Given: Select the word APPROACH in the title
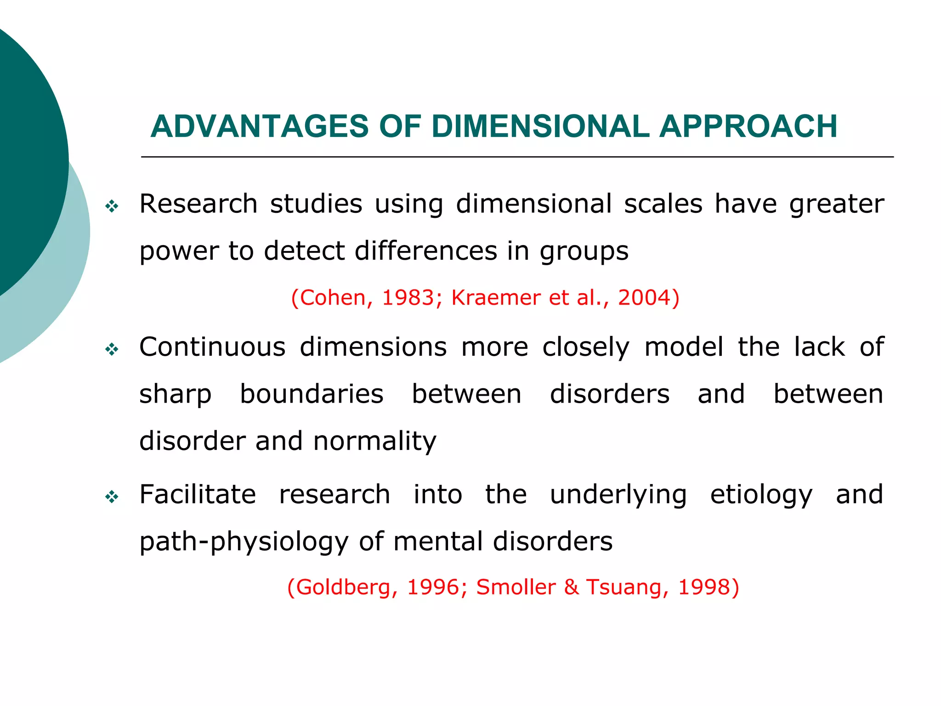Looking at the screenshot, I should coord(748,126).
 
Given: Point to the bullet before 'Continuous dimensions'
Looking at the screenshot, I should coord(112,350).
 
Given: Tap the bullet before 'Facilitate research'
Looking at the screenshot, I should coord(112,497).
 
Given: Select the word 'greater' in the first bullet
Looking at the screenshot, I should coord(836,205).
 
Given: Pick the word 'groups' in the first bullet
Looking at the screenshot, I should coord(584,252).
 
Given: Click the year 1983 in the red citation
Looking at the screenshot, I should coord(408,298).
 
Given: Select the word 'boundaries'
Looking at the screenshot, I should coord(312,394).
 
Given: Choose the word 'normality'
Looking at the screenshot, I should coord(374,442).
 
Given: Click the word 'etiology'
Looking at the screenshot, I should coord(761,495).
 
